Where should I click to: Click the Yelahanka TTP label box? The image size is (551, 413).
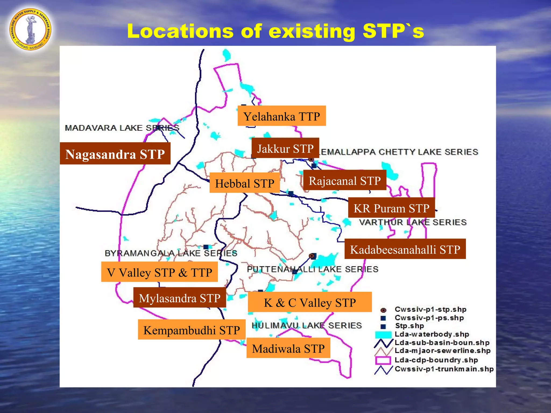[x=281, y=116]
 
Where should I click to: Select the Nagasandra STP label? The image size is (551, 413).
[x=115, y=154]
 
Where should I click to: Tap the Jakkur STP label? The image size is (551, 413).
[x=285, y=148]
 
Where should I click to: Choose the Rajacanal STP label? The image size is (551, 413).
[x=344, y=180]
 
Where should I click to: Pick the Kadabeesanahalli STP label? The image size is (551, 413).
[x=405, y=249]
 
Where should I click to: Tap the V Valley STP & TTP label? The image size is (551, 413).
[x=159, y=272]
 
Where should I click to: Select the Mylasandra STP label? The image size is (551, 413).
[x=179, y=298]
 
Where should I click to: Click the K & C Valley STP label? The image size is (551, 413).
[x=310, y=302]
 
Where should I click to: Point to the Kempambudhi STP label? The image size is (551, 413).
[x=192, y=330]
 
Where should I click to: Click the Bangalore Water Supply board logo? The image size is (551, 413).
[x=30, y=29]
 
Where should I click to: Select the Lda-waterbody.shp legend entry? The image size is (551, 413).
[x=432, y=334]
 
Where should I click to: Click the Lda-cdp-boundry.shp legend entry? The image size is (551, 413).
[x=436, y=360]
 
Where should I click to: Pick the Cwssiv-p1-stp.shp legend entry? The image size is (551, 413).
[x=430, y=309]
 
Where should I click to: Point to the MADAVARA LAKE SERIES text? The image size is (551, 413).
[x=122, y=128]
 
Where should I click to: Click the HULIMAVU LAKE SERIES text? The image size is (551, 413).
[x=307, y=325]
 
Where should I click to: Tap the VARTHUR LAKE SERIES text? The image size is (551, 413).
[x=413, y=222]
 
